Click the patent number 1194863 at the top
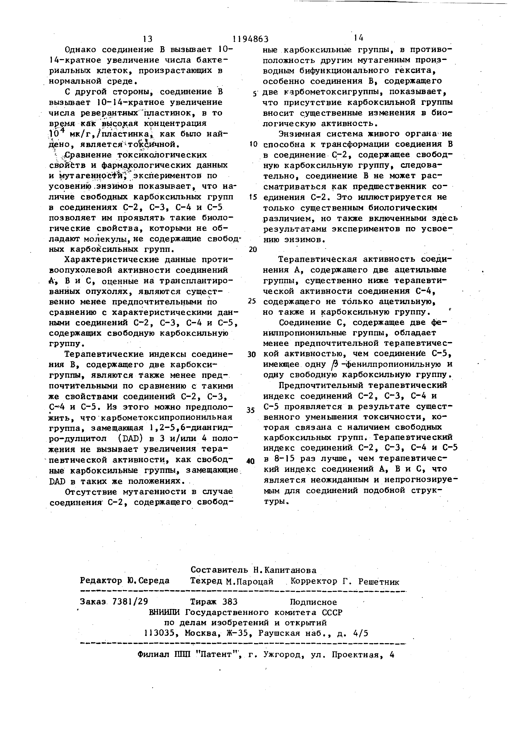250,39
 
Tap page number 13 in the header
147,39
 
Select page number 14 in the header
358,38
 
